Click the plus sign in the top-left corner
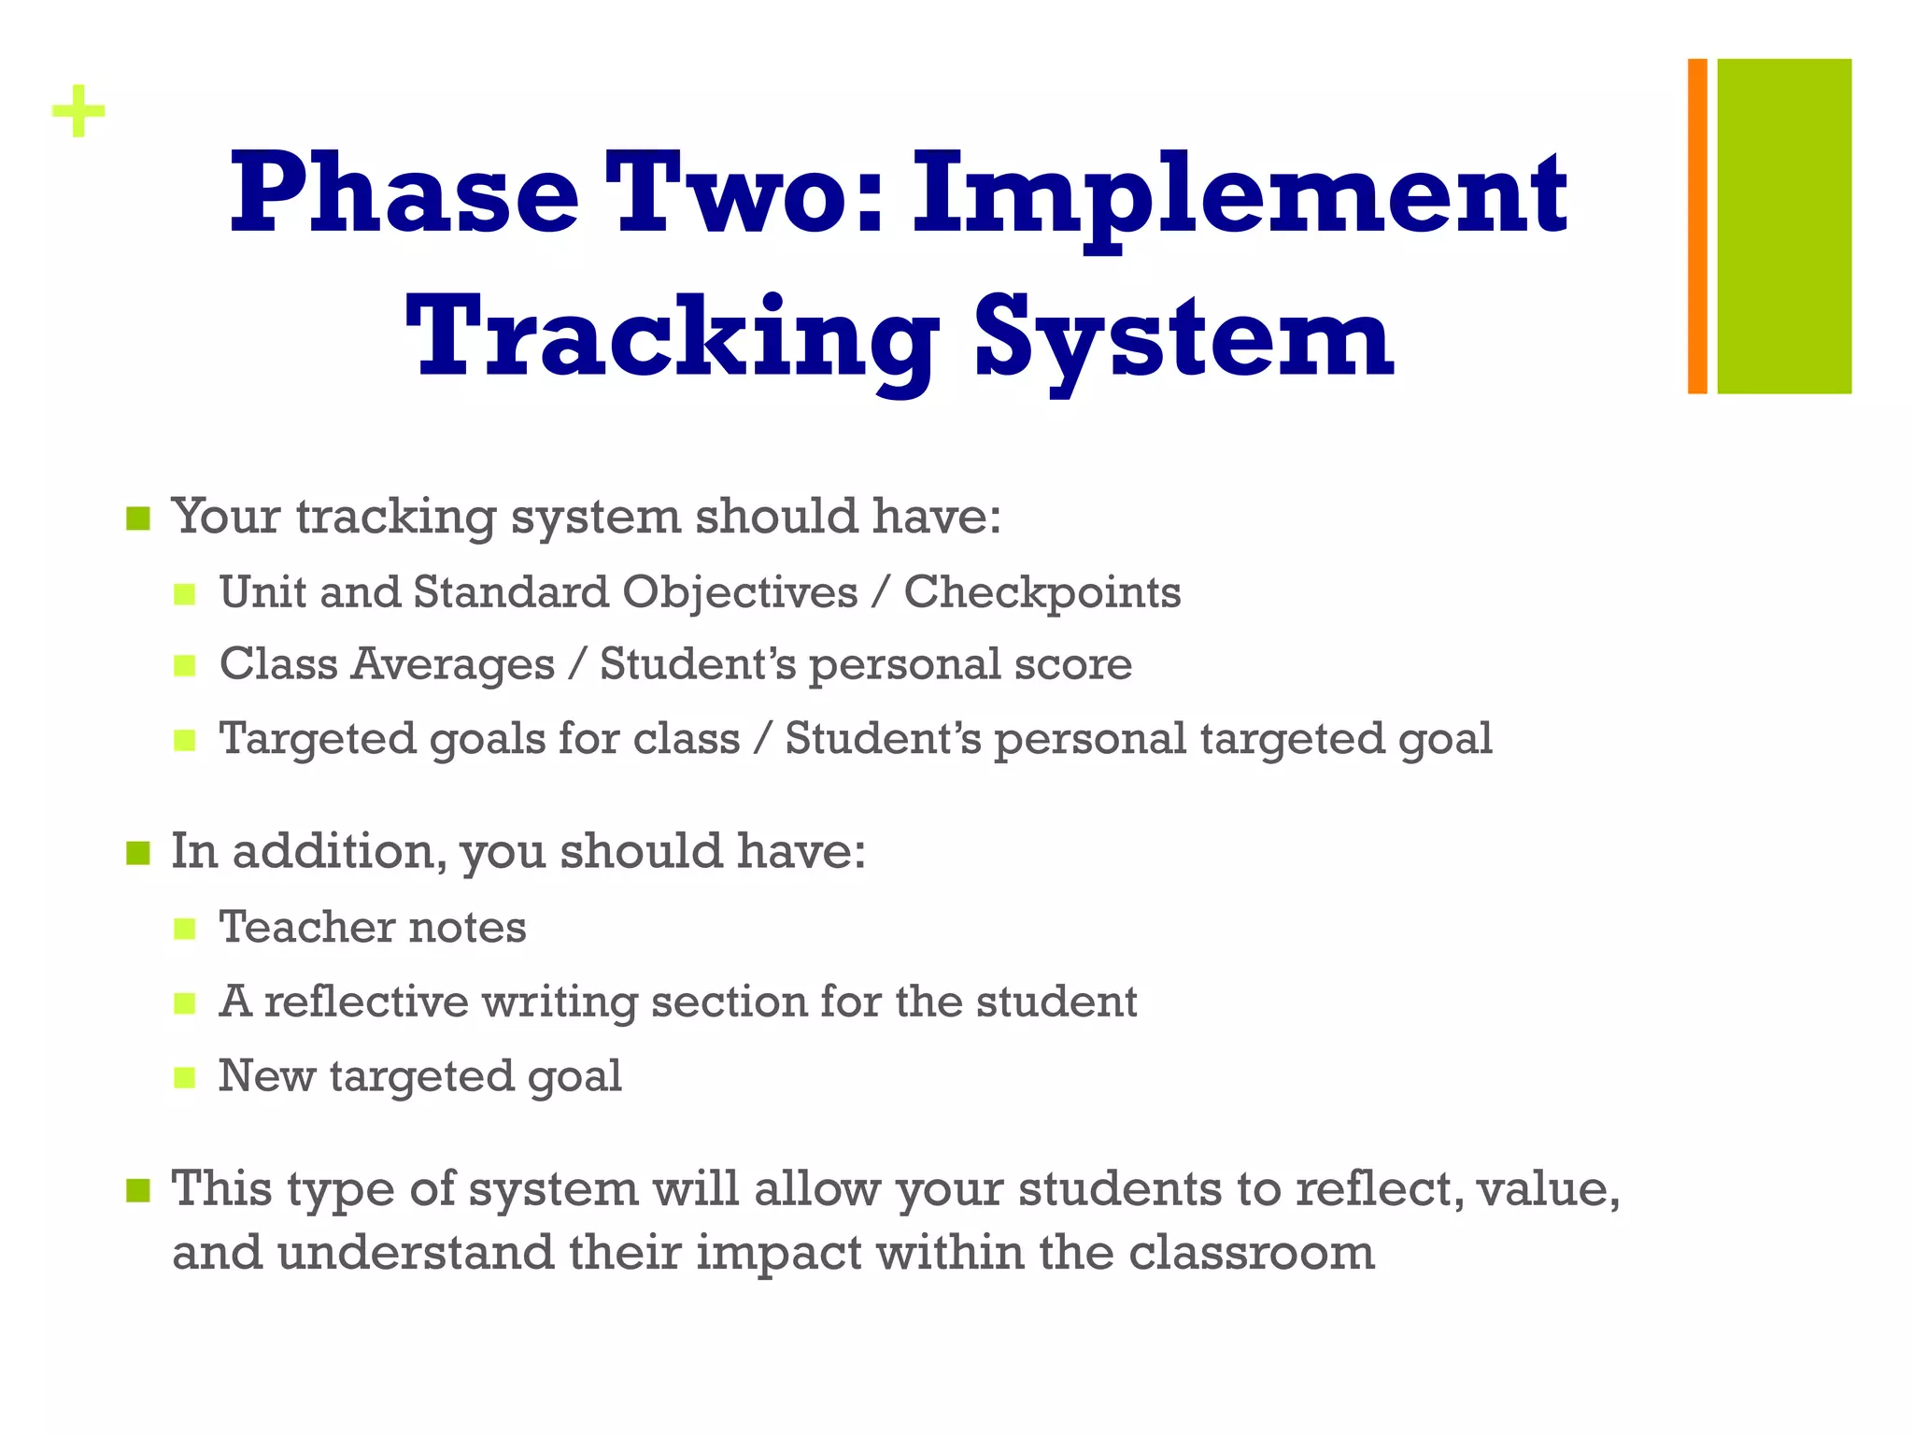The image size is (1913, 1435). pos(78,112)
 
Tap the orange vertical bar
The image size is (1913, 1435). pos(1697,226)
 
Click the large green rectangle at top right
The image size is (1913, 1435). pos(1784,226)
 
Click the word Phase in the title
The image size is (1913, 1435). pos(404,194)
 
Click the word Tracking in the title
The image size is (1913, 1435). pos(671,338)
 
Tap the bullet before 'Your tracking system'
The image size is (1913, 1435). pos(138,519)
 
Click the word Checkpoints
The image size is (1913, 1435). pos(1042,592)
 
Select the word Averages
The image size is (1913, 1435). pos(453,665)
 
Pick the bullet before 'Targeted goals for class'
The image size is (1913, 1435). pos(185,741)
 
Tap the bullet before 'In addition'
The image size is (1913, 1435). pos(138,853)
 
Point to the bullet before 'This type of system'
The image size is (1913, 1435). pos(138,1190)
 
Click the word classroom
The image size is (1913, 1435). pos(1251,1253)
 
